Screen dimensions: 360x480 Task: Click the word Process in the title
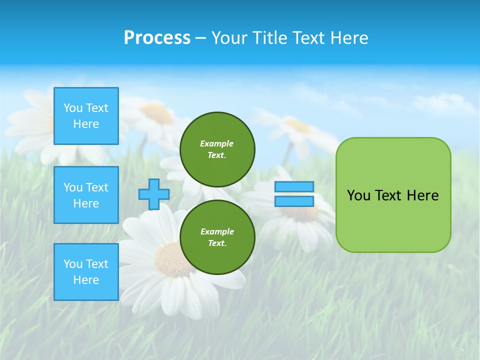tap(157, 38)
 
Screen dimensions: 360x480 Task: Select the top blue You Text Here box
tap(86, 116)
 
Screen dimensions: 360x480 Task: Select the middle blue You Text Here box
tap(86, 195)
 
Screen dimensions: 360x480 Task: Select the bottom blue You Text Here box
tap(86, 272)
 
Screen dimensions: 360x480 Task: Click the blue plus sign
tap(153, 194)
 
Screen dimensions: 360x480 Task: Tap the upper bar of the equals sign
tap(294, 186)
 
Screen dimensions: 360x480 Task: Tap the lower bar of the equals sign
tap(294, 201)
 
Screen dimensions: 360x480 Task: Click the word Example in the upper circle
tap(216, 143)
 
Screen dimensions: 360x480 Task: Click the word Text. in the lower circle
tap(217, 243)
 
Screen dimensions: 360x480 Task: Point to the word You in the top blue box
tap(73, 108)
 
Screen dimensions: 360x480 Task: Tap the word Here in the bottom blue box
tap(86, 280)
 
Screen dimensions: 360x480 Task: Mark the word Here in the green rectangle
tap(422, 195)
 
